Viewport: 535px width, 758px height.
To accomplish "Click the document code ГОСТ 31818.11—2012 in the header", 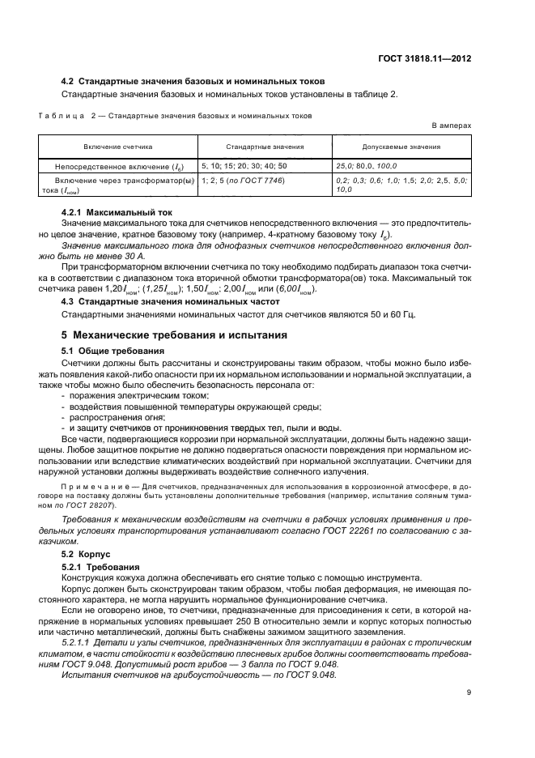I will (426, 57).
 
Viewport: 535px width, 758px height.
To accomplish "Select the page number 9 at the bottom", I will (469, 692).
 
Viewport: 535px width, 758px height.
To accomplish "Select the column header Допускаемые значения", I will (401, 147).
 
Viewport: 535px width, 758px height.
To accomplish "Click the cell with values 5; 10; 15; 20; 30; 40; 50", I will (244, 165).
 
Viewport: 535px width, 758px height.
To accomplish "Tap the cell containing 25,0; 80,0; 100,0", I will (367, 165).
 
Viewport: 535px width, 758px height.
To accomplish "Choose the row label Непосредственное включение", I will (117, 165).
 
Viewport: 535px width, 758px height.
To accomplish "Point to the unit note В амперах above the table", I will (450, 127).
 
